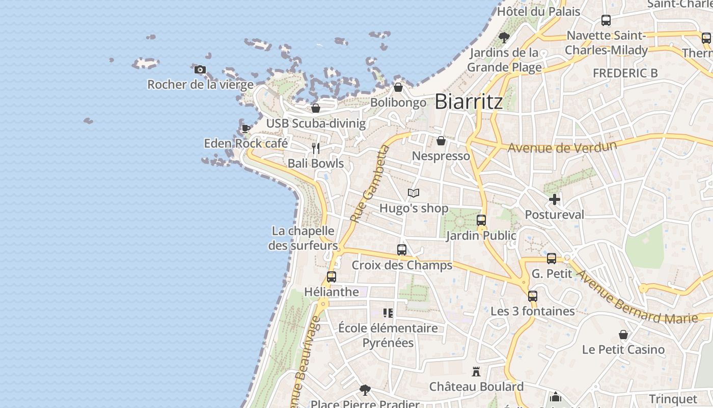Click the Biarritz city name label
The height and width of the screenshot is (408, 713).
coord(469,101)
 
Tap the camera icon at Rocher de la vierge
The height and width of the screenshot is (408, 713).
coord(200,69)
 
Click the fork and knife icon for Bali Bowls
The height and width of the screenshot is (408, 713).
coord(316,148)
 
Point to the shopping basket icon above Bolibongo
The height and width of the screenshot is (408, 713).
coord(398,87)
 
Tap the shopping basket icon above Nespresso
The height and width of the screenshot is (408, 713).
coord(441,141)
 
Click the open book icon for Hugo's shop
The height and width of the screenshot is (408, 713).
coord(414,193)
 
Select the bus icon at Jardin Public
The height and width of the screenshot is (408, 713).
coord(481,220)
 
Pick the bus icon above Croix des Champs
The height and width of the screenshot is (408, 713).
coord(402,250)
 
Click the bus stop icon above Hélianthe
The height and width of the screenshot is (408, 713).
coord(332,277)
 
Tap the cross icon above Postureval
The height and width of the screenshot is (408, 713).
coord(555,199)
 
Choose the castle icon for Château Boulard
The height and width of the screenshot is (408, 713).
coord(476,371)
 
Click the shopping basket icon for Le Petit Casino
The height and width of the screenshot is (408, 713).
coord(623,335)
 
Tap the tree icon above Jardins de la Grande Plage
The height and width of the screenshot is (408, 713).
coord(504,37)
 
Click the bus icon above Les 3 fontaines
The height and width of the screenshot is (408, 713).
coord(533,296)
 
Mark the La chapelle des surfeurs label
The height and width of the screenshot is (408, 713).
coord(303,238)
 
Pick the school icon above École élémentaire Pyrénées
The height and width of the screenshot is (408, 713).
coord(388,313)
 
